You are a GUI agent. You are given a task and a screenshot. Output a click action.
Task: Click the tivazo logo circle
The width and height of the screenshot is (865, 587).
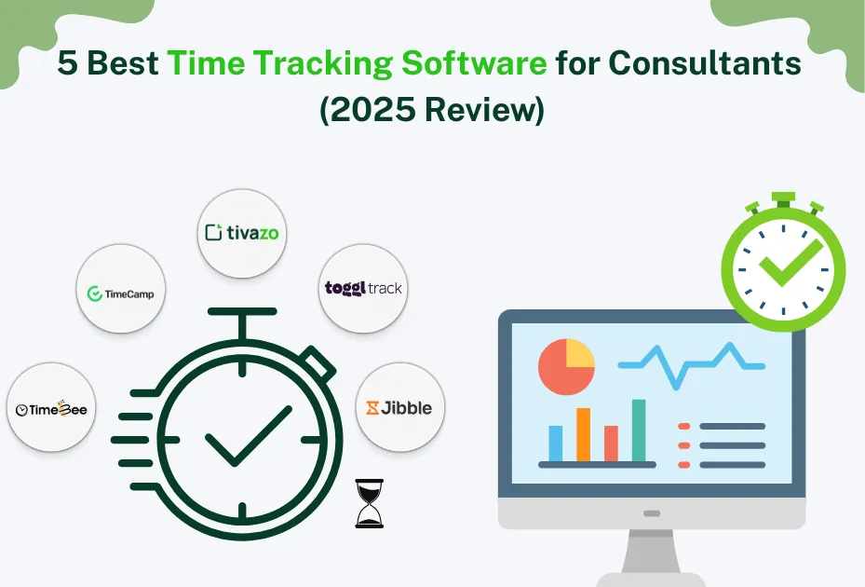(243, 233)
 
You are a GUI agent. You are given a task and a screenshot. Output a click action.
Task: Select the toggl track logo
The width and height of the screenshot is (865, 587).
(363, 287)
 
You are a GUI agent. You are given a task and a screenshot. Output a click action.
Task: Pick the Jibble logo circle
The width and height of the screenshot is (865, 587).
(399, 407)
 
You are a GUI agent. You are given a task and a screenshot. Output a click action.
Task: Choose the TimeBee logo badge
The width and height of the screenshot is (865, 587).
(51, 408)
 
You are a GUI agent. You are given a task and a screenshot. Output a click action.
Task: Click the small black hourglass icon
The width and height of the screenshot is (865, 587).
(369, 503)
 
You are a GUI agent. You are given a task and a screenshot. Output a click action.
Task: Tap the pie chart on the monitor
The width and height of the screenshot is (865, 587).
(566, 366)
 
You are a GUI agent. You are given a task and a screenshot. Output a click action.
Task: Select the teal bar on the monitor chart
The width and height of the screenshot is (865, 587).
(639, 430)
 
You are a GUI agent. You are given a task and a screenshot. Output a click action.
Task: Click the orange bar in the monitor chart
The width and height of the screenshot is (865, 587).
(584, 434)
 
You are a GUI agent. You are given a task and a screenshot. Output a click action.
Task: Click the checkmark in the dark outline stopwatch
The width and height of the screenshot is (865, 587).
(242, 435)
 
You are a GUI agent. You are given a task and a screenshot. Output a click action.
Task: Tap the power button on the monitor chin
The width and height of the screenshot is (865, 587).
(652, 513)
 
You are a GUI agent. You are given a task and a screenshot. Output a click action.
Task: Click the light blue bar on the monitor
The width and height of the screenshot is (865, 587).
(556, 443)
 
